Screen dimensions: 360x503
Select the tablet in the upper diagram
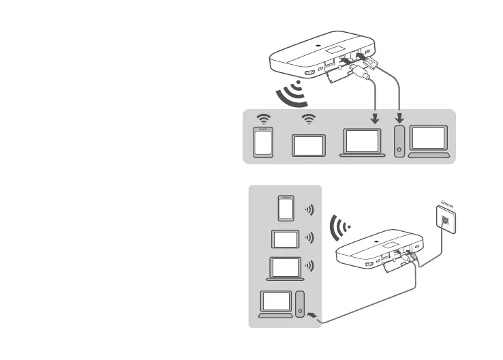pyautogui.click(x=309, y=145)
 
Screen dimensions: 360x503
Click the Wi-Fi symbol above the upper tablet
pyautogui.click(x=309, y=119)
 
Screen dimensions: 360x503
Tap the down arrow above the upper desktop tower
pyautogui.click(x=399, y=117)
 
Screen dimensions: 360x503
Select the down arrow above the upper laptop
pyautogui.click(x=374, y=117)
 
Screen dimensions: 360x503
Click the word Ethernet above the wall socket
pyautogui.click(x=447, y=202)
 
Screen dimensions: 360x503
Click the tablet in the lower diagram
pyautogui.click(x=286, y=239)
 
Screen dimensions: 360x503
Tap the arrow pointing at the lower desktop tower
pyautogui.click(x=314, y=315)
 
